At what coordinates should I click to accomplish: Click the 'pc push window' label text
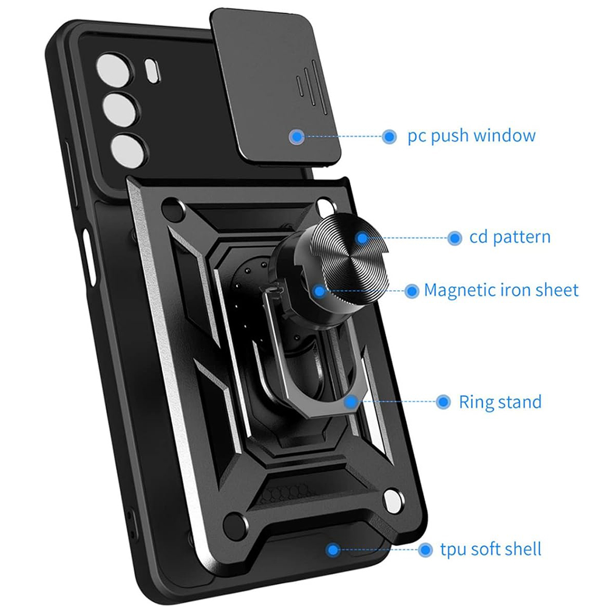click(x=472, y=135)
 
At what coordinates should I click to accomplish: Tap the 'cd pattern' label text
click(x=509, y=237)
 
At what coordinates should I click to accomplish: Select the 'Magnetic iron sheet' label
click(x=501, y=290)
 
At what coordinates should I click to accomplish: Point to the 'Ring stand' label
click(x=500, y=402)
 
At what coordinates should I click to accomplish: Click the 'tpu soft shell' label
click(x=490, y=550)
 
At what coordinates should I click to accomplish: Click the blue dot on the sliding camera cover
click(x=296, y=137)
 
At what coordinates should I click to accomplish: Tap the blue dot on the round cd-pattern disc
click(x=363, y=238)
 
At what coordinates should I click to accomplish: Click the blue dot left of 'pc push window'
click(x=389, y=136)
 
